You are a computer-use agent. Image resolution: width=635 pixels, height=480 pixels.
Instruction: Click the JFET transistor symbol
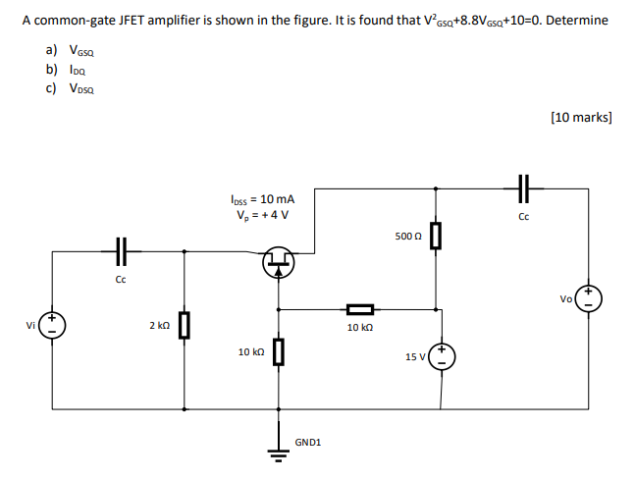(x=281, y=262)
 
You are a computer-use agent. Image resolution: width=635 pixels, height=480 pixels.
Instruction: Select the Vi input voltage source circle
(x=53, y=325)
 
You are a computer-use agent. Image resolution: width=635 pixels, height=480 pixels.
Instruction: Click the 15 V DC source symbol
(x=444, y=357)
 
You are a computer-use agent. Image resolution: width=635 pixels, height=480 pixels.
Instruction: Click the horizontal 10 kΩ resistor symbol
(x=360, y=307)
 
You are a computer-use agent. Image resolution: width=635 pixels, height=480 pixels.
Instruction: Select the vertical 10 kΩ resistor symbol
(x=280, y=351)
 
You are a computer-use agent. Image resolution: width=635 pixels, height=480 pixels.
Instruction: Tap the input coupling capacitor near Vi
(x=121, y=252)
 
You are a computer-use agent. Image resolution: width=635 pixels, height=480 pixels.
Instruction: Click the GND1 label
(x=307, y=443)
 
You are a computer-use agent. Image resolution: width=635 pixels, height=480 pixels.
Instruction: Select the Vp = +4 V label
(x=262, y=214)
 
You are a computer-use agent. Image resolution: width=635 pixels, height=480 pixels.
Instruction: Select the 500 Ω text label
(x=407, y=237)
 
